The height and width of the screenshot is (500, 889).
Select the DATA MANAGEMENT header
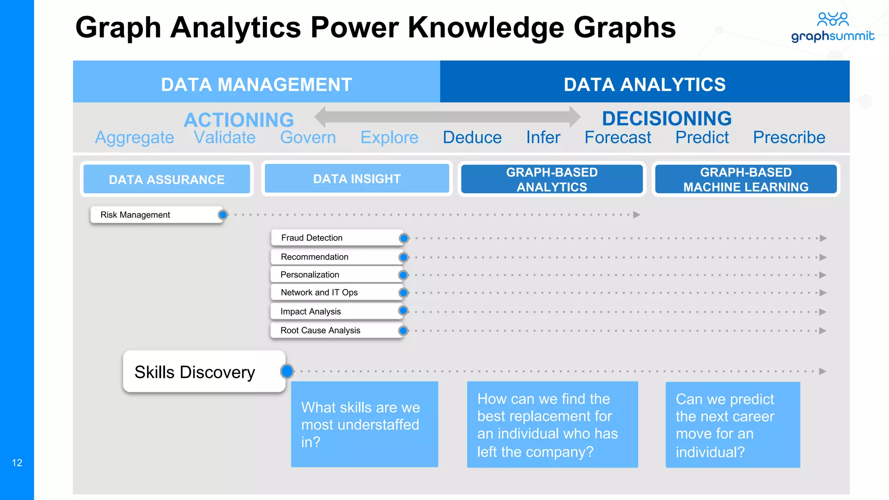pos(256,84)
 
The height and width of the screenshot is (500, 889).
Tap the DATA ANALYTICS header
pos(645,84)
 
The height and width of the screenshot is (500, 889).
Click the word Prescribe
pos(789,138)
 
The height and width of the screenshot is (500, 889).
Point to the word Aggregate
pos(135,138)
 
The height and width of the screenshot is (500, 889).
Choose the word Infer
pos(543,138)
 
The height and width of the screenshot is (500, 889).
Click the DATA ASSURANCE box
pos(167,179)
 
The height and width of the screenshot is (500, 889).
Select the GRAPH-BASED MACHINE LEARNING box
pos(746,179)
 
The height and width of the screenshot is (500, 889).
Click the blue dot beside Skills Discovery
pos(287,371)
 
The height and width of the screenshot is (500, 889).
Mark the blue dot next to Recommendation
pos(404,257)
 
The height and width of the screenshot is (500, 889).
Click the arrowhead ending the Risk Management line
pos(637,215)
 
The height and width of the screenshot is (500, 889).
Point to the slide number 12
pos(17,463)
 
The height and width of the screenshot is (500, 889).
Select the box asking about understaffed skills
pos(364,424)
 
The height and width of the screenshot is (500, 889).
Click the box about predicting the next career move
pos(732,424)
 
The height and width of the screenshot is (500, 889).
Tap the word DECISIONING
pos(667,118)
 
